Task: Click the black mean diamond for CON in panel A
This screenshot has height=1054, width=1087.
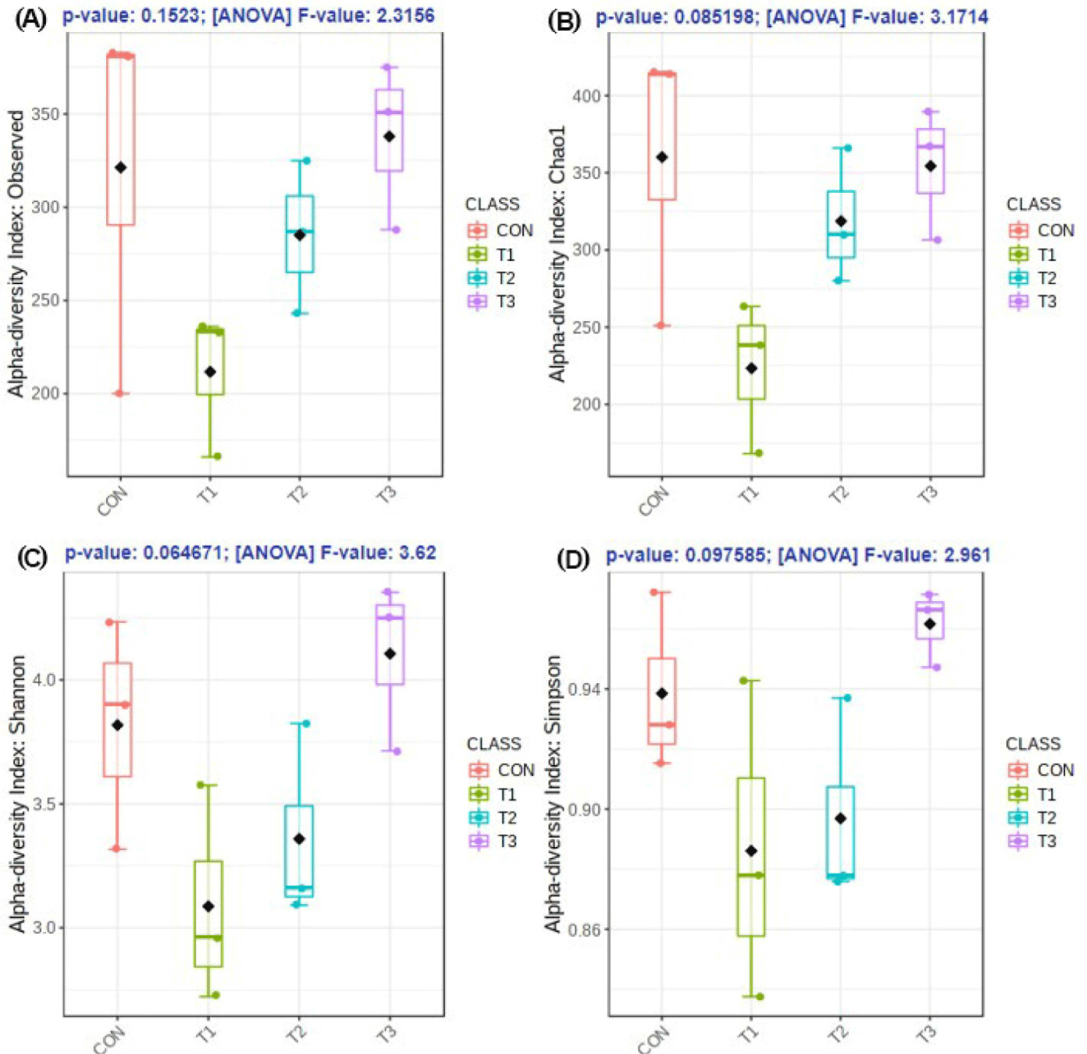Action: pos(121,167)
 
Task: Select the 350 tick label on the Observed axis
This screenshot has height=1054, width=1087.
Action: pos(45,114)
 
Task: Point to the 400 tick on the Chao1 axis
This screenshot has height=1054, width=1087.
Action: pos(587,96)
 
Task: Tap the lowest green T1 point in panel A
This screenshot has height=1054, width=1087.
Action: pos(217,456)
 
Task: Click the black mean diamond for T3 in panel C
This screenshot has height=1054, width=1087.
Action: pos(390,654)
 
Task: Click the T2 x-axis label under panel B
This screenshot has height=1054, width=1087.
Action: pos(838,494)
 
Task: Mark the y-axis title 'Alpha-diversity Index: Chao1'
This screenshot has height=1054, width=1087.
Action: pos(557,253)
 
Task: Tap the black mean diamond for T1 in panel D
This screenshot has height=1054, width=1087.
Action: pos(751,851)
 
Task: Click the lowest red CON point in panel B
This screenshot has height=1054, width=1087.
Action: pos(661,326)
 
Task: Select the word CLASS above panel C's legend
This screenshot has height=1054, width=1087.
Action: pos(494,744)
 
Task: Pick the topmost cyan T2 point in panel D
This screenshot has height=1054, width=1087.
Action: pos(847,698)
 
